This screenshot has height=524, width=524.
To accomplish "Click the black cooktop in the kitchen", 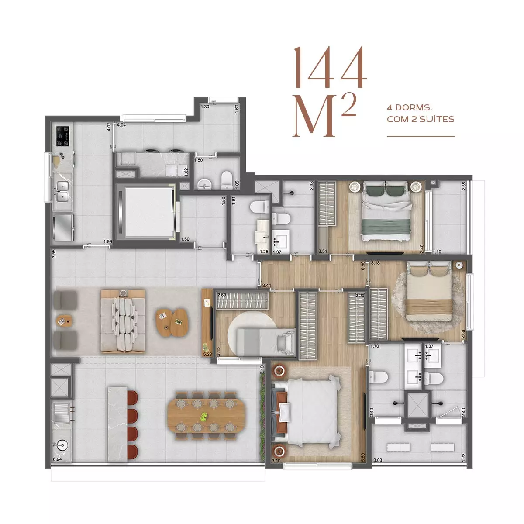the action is point(63,136).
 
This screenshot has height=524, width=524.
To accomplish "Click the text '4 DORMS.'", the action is point(409,108).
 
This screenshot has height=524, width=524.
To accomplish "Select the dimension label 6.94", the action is point(57,459).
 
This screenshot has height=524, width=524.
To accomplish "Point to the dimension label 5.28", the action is point(207,354).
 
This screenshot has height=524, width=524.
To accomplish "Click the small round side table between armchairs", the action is point(65,321).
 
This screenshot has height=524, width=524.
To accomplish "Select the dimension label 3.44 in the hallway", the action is point(266,286).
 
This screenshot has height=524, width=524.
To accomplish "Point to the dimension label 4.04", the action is point(121,125).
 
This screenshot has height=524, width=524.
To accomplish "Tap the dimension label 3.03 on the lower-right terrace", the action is point(378,460).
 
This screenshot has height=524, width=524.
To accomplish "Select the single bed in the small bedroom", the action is point(265,341).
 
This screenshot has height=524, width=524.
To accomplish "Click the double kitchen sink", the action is point(62,191).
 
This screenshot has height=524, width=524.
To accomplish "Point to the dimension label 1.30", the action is point(205,107).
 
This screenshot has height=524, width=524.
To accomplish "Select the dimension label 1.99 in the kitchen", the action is point(108,241).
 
